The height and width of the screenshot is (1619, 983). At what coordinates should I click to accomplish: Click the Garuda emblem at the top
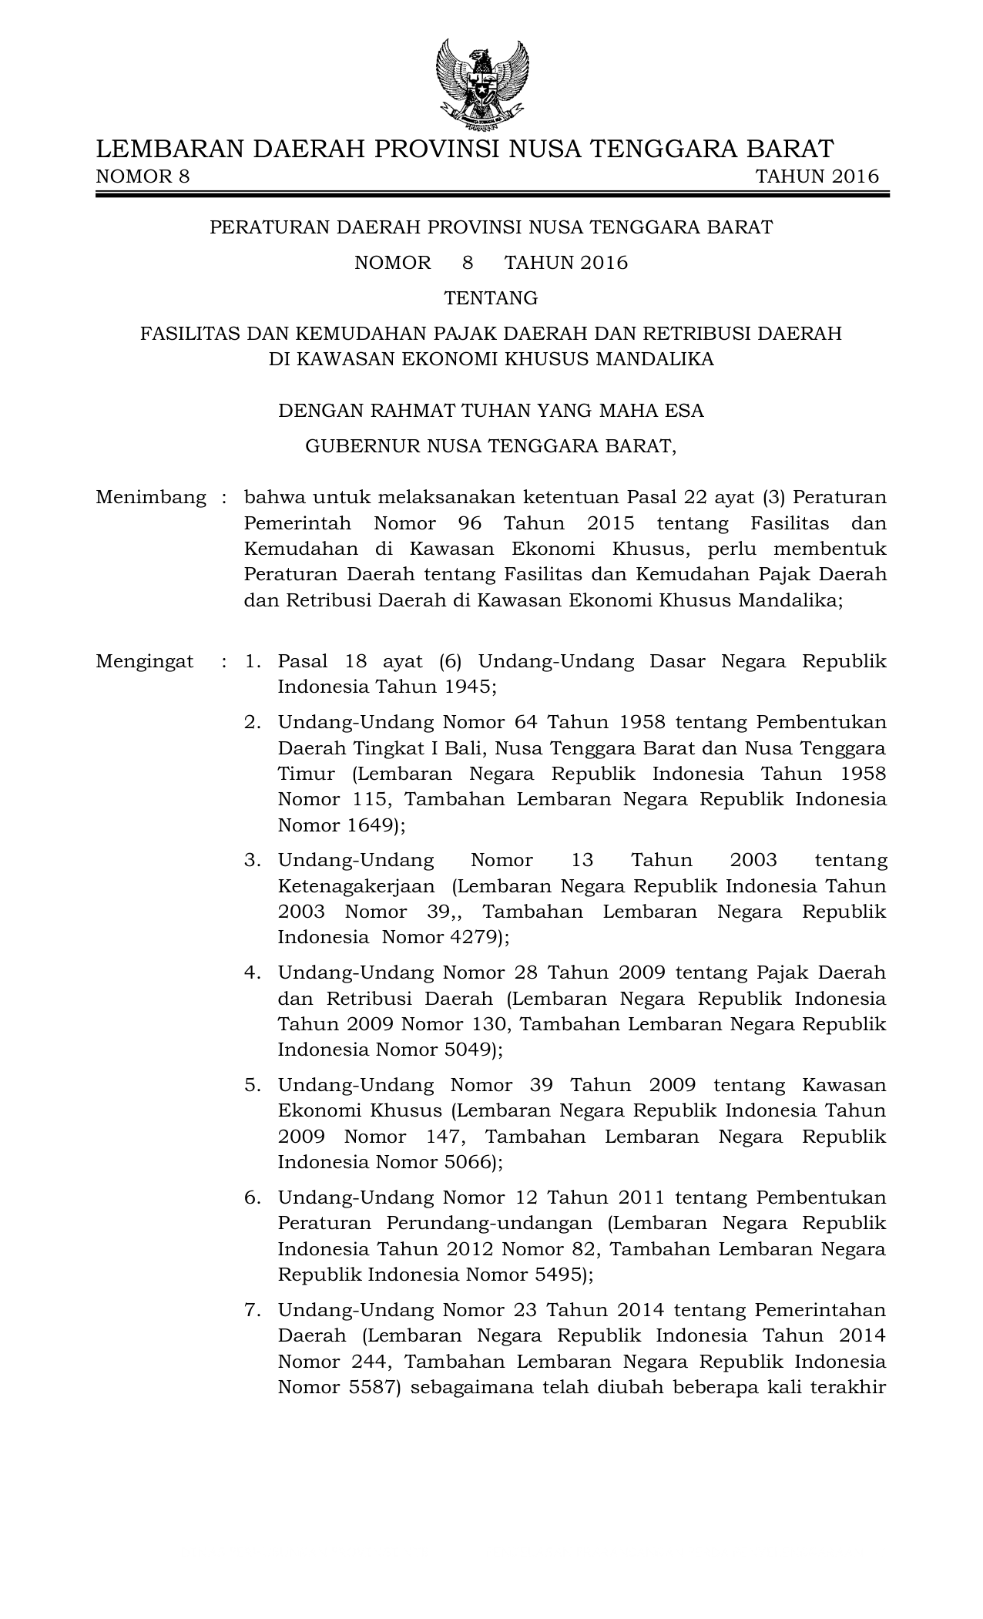point(483,85)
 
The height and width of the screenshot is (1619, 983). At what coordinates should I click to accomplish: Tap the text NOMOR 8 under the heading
point(143,177)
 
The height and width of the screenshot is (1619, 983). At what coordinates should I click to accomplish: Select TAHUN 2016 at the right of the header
point(817,177)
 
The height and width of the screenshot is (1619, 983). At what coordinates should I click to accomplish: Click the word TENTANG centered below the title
point(491,298)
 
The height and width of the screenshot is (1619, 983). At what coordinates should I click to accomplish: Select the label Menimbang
point(151,498)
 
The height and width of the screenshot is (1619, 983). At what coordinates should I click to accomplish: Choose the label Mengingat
point(145,662)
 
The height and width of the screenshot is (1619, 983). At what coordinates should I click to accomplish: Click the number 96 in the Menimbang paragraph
point(469,524)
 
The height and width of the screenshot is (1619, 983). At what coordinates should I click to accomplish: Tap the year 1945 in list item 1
point(468,687)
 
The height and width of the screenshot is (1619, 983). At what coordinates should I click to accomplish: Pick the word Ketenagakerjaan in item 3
point(356,886)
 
